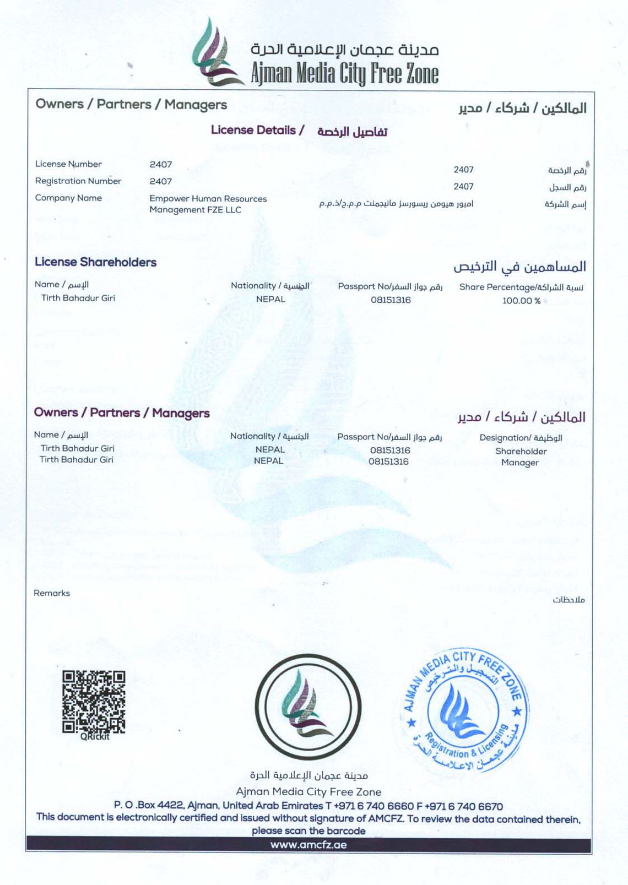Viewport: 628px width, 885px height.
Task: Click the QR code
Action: tap(93, 702)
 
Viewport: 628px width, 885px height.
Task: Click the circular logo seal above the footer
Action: tap(308, 706)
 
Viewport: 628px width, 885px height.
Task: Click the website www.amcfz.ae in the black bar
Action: tap(308, 845)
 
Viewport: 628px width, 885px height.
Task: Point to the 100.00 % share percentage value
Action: tap(521, 301)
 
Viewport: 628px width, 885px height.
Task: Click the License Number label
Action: tap(68, 164)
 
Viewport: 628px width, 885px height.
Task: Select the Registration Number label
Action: tap(78, 181)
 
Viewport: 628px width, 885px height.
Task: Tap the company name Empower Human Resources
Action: tap(208, 199)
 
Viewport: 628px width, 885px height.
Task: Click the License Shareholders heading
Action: tap(95, 262)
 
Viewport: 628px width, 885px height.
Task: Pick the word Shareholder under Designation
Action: tap(521, 451)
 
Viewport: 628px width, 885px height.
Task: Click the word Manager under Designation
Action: tap(519, 463)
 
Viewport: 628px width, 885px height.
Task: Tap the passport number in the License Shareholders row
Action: tap(390, 300)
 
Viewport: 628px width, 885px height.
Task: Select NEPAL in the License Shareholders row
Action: tap(271, 299)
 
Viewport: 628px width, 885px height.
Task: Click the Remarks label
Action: tap(52, 593)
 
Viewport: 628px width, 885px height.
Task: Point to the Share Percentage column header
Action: tap(521, 287)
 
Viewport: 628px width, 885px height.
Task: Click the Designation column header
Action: tap(520, 438)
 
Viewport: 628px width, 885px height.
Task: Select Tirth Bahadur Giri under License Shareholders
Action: tap(78, 298)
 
